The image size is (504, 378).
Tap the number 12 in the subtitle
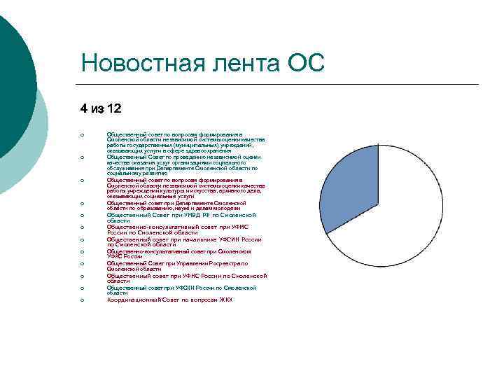click(x=113, y=108)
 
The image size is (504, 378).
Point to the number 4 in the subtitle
click(x=83, y=108)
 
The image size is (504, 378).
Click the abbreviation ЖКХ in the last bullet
click(x=225, y=300)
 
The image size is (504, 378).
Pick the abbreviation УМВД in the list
click(x=185, y=215)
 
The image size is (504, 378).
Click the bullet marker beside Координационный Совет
click(x=82, y=300)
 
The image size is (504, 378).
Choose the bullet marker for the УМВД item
click(x=82, y=215)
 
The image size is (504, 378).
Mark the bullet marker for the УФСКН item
click(x=82, y=288)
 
